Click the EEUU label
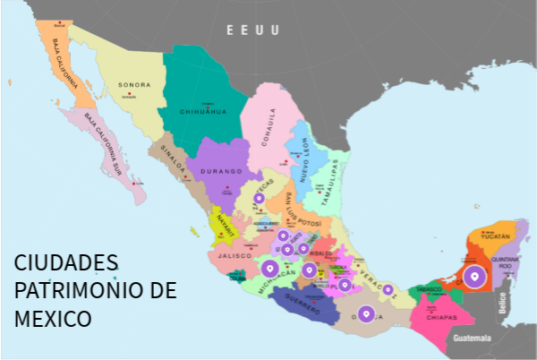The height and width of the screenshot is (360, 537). click(x=252, y=30)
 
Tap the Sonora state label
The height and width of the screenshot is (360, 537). click(x=134, y=86)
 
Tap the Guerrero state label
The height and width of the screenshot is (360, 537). click(x=303, y=299)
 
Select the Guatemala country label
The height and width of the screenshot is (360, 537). click(x=473, y=339)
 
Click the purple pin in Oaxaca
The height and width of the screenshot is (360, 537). click(x=365, y=313)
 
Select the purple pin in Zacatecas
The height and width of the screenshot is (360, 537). click(x=259, y=198)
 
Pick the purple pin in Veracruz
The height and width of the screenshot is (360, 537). click(x=388, y=288)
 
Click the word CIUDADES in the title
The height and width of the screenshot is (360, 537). click(x=66, y=263)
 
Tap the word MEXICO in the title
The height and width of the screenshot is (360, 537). click(x=53, y=318)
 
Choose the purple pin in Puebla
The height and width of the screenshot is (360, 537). click(x=345, y=284)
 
